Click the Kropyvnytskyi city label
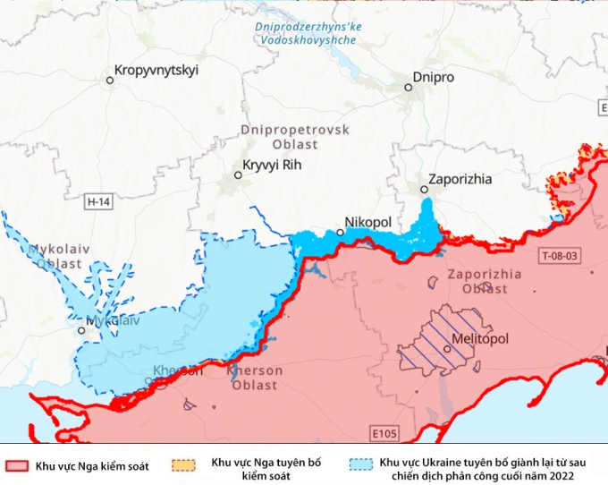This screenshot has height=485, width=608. [156, 70]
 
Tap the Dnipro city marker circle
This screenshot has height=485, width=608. [408, 88]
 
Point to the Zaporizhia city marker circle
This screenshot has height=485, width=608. [424, 189]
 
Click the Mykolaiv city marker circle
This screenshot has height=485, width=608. [81, 330]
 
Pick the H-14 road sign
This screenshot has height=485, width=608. [98, 202]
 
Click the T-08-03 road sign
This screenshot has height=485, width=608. [560, 256]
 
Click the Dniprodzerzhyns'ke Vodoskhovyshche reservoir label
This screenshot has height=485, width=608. [307, 33]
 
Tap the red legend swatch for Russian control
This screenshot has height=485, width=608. [17, 465]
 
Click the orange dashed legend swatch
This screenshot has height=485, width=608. [184, 465]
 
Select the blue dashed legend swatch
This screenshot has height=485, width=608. [360, 465]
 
